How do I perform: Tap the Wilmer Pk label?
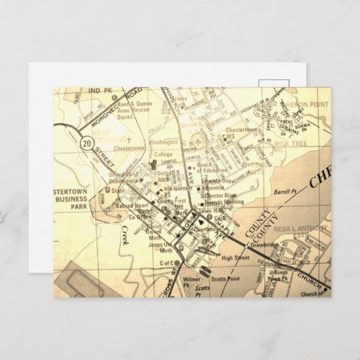tap(181, 278)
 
